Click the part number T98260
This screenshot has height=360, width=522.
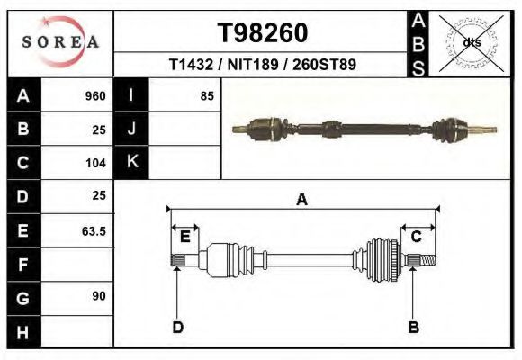(x=263, y=33)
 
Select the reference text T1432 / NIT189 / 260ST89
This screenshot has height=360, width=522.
(x=263, y=65)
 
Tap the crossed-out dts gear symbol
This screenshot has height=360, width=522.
(x=470, y=42)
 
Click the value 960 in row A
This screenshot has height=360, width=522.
(x=95, y=96)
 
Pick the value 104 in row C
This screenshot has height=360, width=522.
(x=95, y=163)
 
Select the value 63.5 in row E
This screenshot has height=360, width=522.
(x=94, y=231)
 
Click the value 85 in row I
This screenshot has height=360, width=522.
(x=207, y=95)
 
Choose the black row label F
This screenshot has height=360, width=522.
(x=22, y=265)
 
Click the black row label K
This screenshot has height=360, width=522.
(x=131, y=162)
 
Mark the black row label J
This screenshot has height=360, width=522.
(x=131, y=129)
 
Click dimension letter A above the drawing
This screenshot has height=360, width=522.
(x=302, y=200)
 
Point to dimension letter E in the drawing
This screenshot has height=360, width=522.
(x=184, y=237)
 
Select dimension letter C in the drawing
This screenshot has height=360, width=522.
(x=417, y=237)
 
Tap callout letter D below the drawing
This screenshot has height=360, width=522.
(x=177, y=327)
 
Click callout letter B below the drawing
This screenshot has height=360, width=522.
(x=413, y=327)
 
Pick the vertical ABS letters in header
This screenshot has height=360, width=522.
(x=418, y=43)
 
